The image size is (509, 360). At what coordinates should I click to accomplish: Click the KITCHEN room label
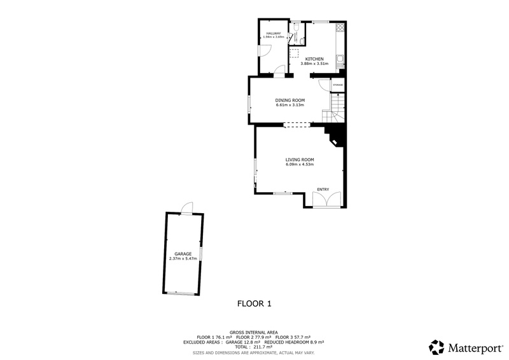pos(314,59)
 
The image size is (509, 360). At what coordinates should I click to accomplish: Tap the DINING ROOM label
pos(290,100)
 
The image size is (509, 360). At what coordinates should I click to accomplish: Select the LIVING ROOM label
pos(300,160)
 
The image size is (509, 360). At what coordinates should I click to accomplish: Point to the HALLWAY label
pos(274,32)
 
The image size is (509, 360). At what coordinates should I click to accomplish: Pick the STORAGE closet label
pos(338,85)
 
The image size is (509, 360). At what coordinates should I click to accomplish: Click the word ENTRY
pos(323,189)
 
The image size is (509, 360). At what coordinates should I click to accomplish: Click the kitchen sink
pos(340,62)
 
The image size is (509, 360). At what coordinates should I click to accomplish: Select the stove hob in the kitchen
pos(340,28)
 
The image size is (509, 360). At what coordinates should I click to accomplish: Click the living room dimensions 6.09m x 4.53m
pos(300,165)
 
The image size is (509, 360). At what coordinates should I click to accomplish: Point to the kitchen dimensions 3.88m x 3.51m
pos(314,64)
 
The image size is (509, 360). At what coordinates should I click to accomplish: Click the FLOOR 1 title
pos(254,303)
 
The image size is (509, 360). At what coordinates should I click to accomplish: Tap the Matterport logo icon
pos(436,347)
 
